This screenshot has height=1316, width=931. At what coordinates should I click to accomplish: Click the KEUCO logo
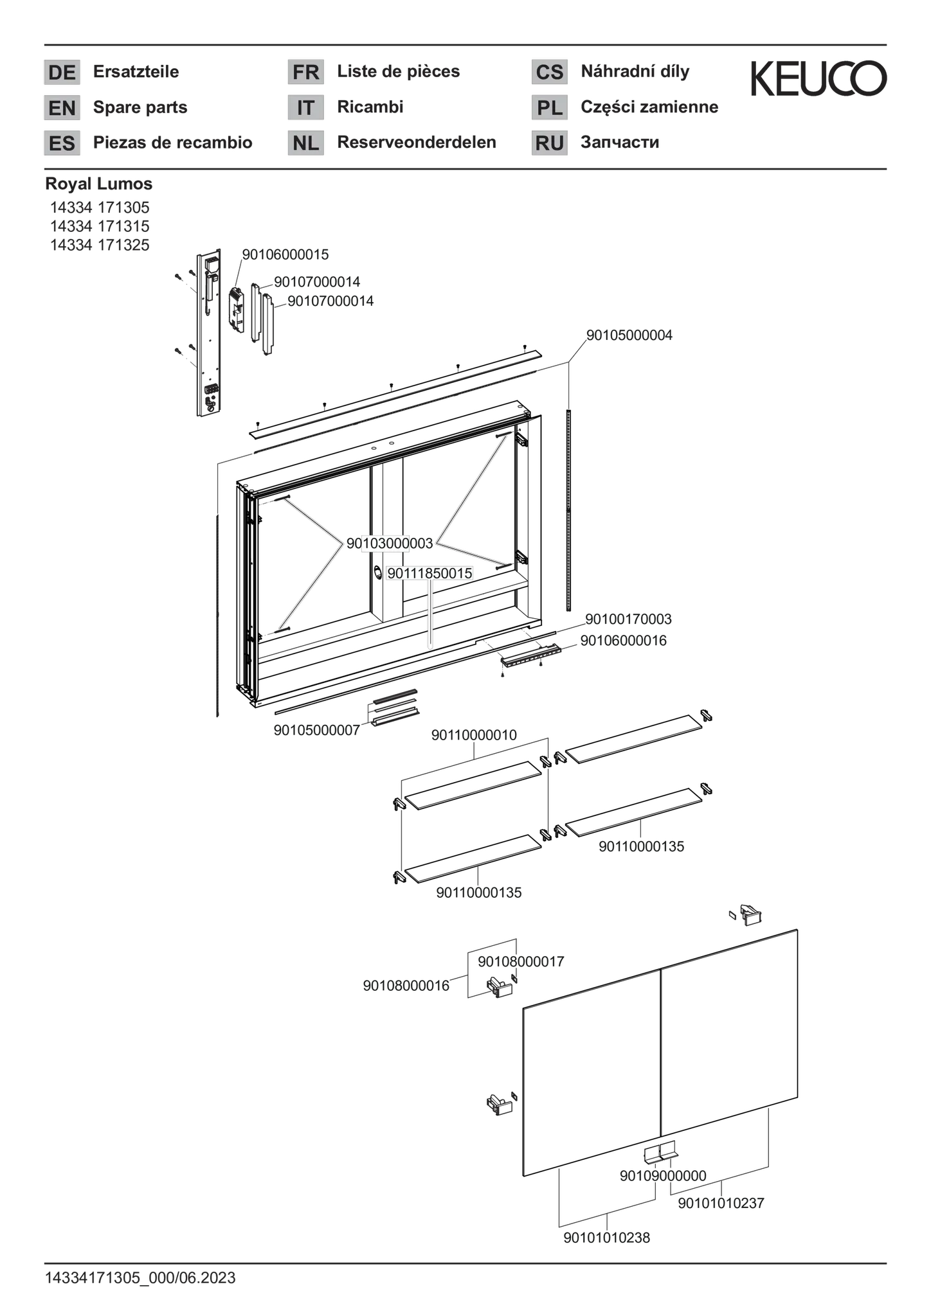pyautogui.click(x=818, y=78)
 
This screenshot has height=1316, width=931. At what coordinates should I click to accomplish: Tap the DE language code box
pyautogui.click(x=62, y=72)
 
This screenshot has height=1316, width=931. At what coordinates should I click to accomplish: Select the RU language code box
pyautogui.click(x=549, y=143)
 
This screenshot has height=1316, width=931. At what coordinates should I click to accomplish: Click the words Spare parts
pyautogui.click(x=140, y=107)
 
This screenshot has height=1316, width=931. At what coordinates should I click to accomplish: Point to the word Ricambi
pyautogui.click(x=370, y=107)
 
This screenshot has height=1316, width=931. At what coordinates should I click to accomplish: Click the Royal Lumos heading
pyautogui.click(x=99, y=184)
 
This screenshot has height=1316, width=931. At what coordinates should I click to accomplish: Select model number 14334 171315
pyautogui.click(x=100, y=226)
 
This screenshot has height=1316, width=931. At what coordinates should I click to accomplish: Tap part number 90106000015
pyautogui.click(x=285, y=254)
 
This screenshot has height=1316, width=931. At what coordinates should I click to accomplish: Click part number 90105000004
pyautogui.click(x=629, y=335)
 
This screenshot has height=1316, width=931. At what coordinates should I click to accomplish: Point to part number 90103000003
pyautogui.click(x=390, y=544)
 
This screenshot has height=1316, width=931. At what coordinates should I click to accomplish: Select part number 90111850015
pyautogui.click(x=429, y=573)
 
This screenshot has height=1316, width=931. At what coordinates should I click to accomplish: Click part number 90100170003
pyautogui.click(x=628, y=619)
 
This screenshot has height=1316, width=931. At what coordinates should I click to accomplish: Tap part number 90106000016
pyautogui.click(x=624, y=641)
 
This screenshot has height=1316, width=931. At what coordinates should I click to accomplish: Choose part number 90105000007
pyautogui.click(x=317, y=731)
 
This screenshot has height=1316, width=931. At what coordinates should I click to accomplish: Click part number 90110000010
pyautogui.click(x=474, y=735)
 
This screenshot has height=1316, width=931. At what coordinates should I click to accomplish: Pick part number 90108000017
pyautogui.click(x=521, y=961)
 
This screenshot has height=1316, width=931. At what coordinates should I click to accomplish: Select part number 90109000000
pyautogui.click(x=663, y=1176)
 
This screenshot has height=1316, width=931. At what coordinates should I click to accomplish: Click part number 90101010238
pyautogui.click(x=607, y=1238)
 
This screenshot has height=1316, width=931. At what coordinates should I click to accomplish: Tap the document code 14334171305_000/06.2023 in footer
pyautogui.click(x=140, y=1278)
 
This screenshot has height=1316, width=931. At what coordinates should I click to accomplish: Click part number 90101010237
pyautogui.click(x=721, y=1203)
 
